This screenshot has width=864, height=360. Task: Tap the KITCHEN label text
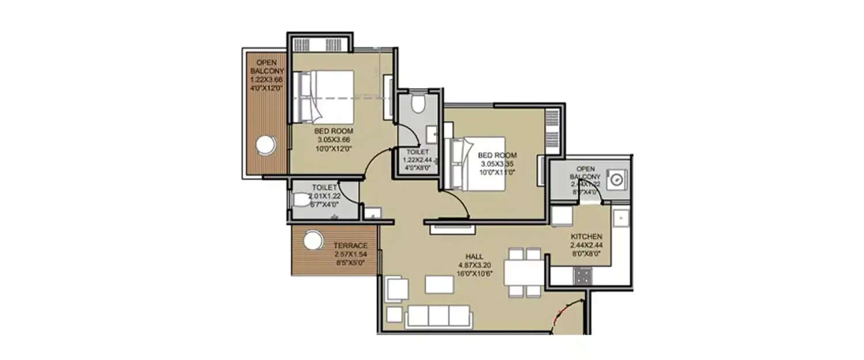(586, 237)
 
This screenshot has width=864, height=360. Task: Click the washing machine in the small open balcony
(617, 179)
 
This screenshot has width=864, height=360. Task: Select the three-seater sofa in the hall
(438, 316)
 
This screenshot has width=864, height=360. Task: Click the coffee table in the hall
(439, 285)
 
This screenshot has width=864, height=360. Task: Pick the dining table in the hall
(524, 272)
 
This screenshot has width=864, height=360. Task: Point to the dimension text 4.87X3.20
(475, 266)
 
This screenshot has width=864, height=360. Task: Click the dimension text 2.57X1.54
(351, 254)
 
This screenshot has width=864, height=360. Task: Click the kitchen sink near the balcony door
(620, 217)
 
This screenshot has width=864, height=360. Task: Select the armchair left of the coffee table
(397, 289)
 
